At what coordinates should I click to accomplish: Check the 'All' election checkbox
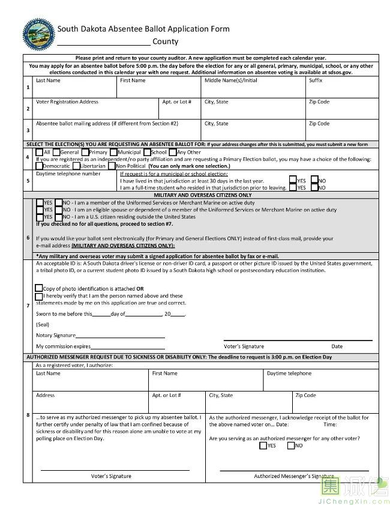[x=40, y=152]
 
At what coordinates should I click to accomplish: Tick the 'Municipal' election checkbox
[x=113, y=152]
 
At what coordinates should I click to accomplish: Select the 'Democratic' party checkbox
[x=40, y=165]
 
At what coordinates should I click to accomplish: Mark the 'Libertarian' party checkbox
[x=76, y=165]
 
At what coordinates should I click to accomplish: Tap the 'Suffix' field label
[x=316, y=80]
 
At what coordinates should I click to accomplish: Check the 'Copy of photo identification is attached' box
[x=39, y=289]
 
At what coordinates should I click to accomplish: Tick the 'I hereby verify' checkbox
[x=39, y=296]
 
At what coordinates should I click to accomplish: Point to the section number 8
[x=28, y=415]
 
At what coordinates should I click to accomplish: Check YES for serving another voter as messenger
[x=263, y=446]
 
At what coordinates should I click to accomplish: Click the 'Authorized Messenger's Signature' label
[x=293, y=476]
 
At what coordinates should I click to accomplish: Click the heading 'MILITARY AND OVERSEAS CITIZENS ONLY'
[x=202, y=195]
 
